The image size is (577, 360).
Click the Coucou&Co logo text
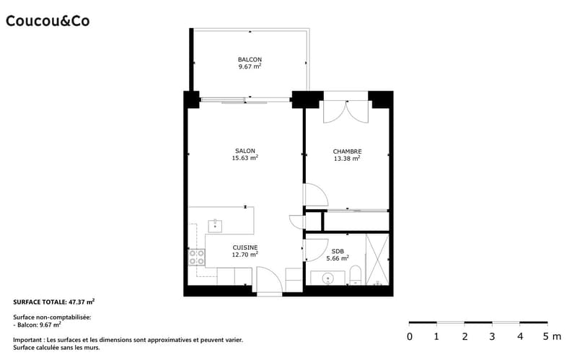(48, 21)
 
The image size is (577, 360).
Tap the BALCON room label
(250, 59)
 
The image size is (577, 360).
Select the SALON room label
(245, 151)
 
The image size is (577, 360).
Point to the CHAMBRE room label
(347, 152)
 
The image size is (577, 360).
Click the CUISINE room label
(245, 247)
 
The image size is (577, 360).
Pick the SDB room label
(338, 251)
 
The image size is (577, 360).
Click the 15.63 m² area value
(245, 158)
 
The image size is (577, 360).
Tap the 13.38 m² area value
(347, 159)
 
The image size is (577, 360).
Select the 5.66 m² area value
(338, 258)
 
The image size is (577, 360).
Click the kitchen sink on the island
(215, 226)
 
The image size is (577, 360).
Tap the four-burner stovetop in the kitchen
(197, 258)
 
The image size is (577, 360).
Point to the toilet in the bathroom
(356, 276)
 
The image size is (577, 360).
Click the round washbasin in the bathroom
(327, 278)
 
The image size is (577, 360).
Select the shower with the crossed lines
(377, 260)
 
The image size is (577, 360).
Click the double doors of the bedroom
(346, 112)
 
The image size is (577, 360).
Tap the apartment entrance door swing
(269, 279)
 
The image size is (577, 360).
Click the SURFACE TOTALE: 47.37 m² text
(53, 302)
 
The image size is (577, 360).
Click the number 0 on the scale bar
(410, 336)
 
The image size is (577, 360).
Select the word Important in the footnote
(27, 340)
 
